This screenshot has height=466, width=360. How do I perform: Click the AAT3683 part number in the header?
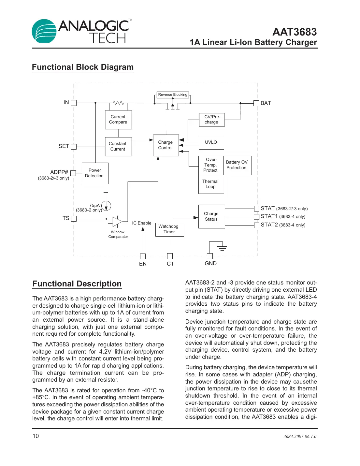coord(294,32)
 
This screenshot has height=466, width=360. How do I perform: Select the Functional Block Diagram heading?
coord(83,67)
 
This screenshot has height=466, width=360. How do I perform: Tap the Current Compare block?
coord(118,120)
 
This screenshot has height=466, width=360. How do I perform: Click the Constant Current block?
coord(118,146)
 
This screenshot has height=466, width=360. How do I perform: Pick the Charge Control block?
coord(166,145)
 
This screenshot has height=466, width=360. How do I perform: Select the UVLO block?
coord(211,142)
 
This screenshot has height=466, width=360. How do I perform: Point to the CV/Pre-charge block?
coord(212,120)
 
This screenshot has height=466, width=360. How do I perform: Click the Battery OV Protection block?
coord(237,165)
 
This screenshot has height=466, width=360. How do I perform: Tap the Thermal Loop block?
coord(211,184)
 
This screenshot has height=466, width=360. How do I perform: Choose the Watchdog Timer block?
coord(169,229)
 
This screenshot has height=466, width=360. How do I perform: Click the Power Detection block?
coord(95,173)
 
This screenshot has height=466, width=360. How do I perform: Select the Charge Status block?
coord(211,216)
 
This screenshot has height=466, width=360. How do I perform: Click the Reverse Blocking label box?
coord(173,95)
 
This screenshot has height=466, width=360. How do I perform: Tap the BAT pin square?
coord(256,103)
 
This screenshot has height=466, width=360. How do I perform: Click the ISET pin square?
coord(74,147)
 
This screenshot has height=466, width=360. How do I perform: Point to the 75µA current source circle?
coord(106,206)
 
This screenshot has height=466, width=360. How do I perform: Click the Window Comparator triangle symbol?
coord(117,222)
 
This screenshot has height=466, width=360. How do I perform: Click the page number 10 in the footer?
coord(36,436)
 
